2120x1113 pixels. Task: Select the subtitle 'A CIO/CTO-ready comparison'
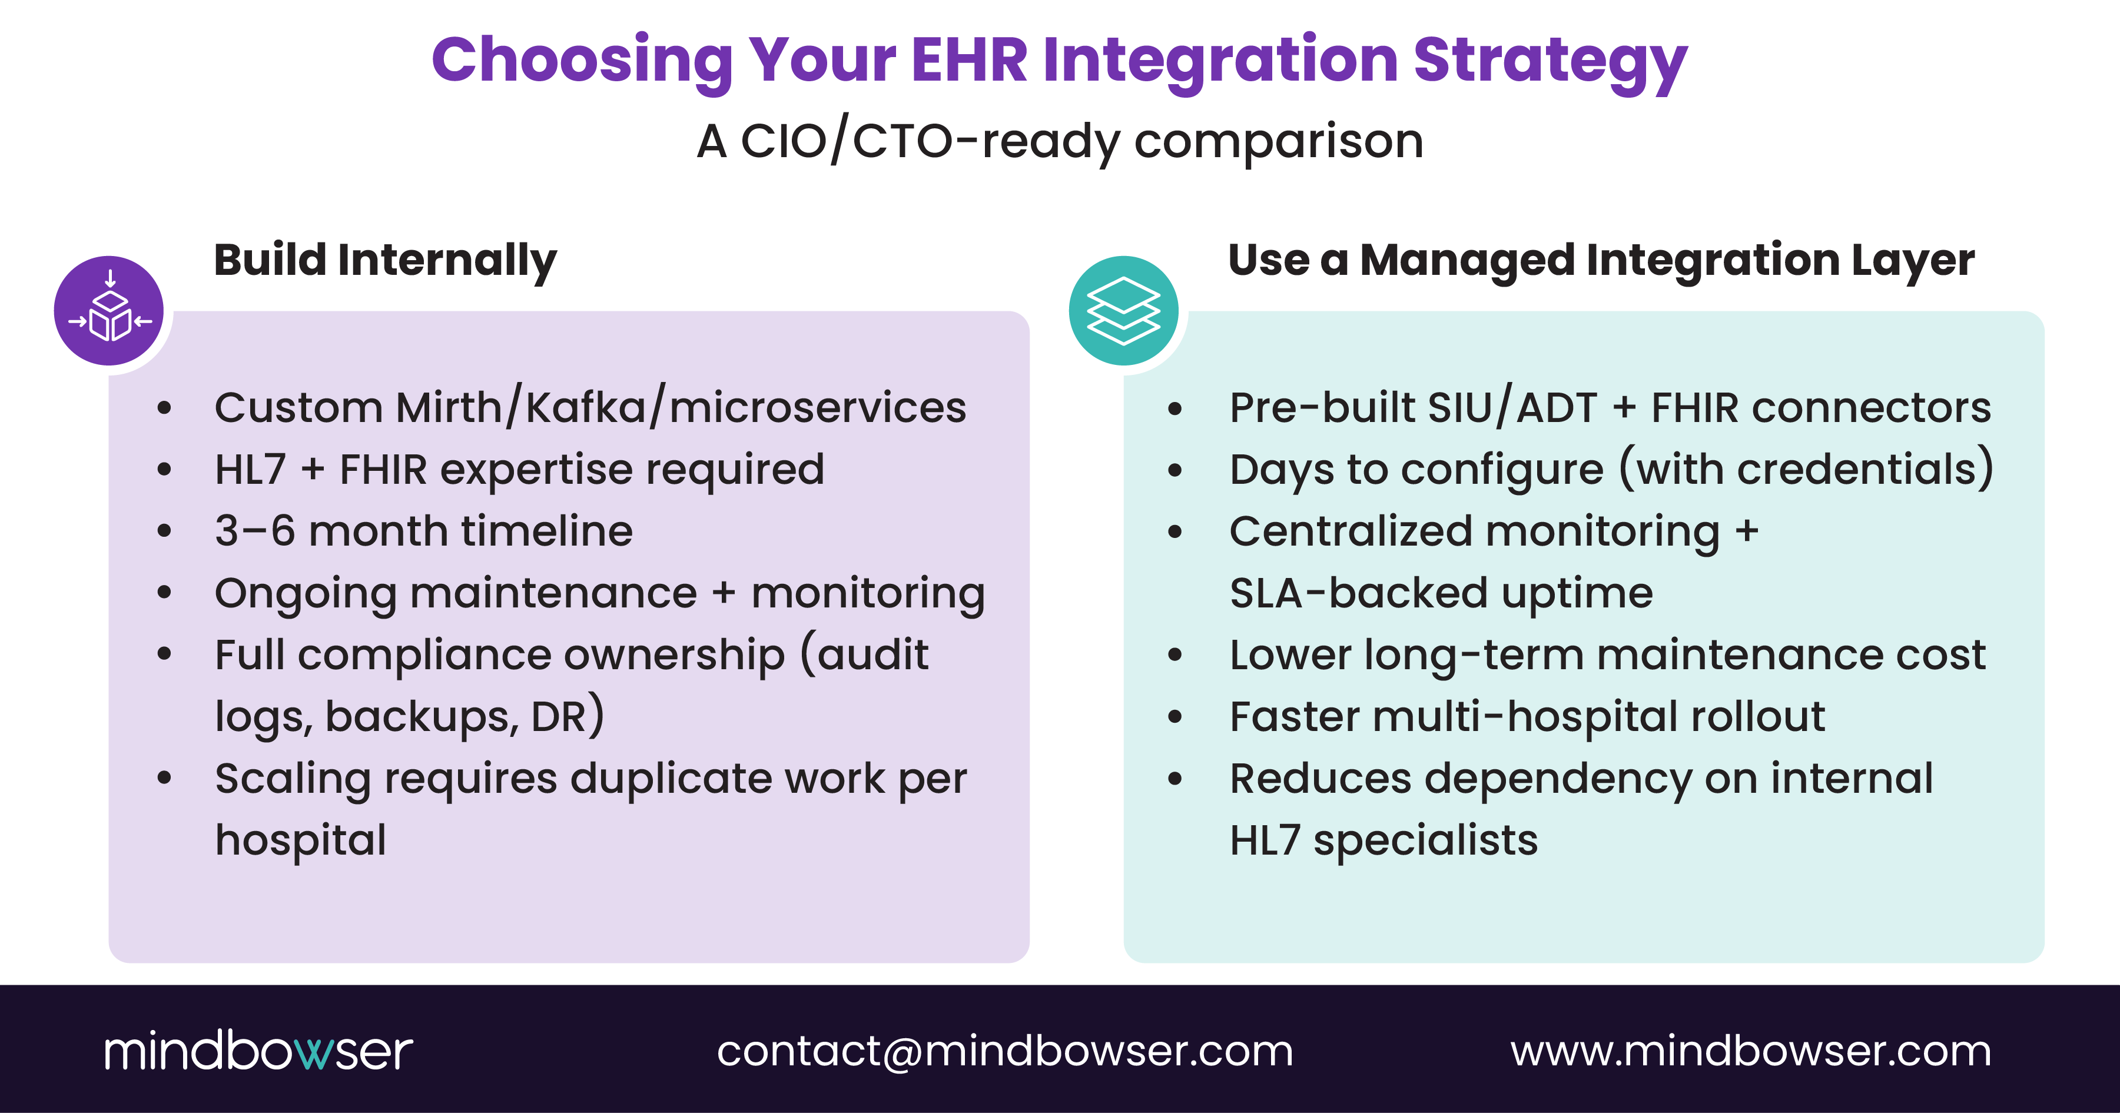[x=1059, y=141]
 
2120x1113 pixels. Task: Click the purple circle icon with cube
[x=109, y=311]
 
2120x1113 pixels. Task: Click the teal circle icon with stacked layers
[x=1123, y=311]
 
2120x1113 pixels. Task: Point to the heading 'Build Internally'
[x=385, y=260]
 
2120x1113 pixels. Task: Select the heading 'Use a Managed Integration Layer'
[x=1601, y=260]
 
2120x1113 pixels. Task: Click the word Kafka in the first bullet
[x=586, y=407]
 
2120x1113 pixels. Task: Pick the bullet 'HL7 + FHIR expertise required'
[x=519, y=470]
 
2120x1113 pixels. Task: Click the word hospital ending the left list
[x=300, y=840]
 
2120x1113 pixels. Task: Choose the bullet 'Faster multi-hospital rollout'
[x=1527, y=716]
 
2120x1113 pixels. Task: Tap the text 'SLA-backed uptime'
[x=1440, y=593]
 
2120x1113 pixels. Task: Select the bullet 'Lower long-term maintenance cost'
[x=1607, y=655]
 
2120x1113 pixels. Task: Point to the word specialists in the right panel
[x=1425, y=840]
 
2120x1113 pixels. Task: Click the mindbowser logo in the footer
[x=258, y=1051]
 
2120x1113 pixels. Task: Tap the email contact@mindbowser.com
[x=1005, y=1051]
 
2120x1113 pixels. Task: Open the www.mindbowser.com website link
[x=1750, y=1051]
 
